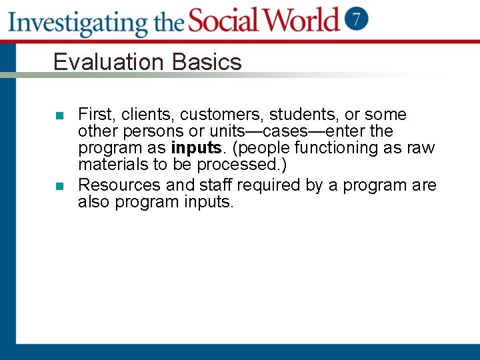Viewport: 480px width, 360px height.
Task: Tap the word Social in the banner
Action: [x=226, y=20]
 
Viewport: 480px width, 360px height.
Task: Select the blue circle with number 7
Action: [x=357, y=18]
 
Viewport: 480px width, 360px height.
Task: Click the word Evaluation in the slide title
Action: [x=109, y=62]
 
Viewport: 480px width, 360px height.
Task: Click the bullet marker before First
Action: [x=59, y=115]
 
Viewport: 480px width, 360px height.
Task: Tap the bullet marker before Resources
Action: [x=59, y=186]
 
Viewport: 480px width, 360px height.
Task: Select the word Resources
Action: [x=124, y=185]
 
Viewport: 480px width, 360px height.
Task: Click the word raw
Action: [x=421, y=148]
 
